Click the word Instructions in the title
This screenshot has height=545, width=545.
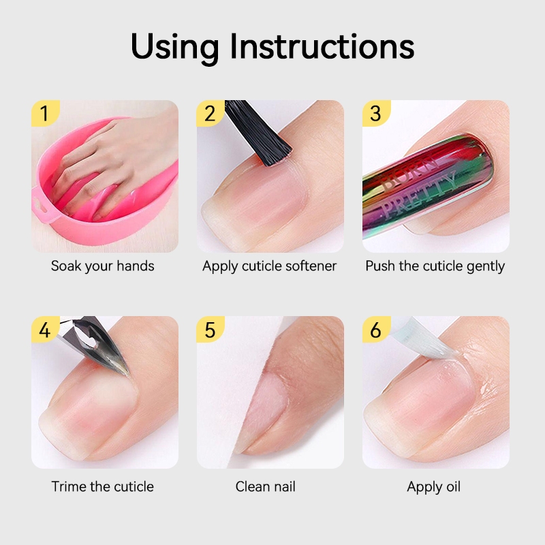click(322, 46)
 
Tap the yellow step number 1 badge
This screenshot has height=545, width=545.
click(45, 113)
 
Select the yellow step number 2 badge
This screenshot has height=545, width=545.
click(210, 113)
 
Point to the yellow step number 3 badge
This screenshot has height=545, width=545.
click(376, 113)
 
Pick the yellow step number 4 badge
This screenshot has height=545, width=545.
click(45, 330)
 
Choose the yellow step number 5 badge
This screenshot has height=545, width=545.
click(210, 330)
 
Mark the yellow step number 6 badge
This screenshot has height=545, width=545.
click(376, 330)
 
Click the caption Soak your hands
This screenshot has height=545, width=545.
click(103, 266)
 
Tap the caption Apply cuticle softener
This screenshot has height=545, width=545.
click(269, 266)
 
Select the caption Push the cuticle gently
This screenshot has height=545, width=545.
click(435, 266)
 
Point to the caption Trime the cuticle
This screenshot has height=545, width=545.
click(103, 486)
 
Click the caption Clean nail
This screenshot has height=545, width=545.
click(265, 486)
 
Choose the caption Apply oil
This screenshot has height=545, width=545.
click(434, 487)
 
